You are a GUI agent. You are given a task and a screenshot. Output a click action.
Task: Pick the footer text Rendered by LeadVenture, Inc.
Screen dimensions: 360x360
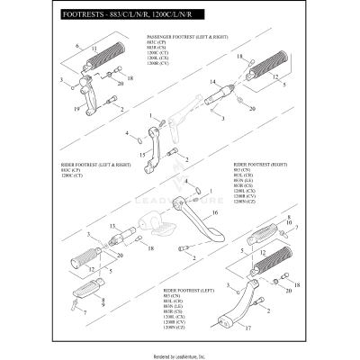coord(180,354)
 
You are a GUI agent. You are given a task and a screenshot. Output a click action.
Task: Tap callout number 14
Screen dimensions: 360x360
coord(210,81)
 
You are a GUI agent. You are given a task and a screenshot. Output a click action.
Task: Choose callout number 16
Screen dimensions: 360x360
coord(214,214)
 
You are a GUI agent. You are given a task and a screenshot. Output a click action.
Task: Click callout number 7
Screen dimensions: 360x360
coord(83,311)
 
